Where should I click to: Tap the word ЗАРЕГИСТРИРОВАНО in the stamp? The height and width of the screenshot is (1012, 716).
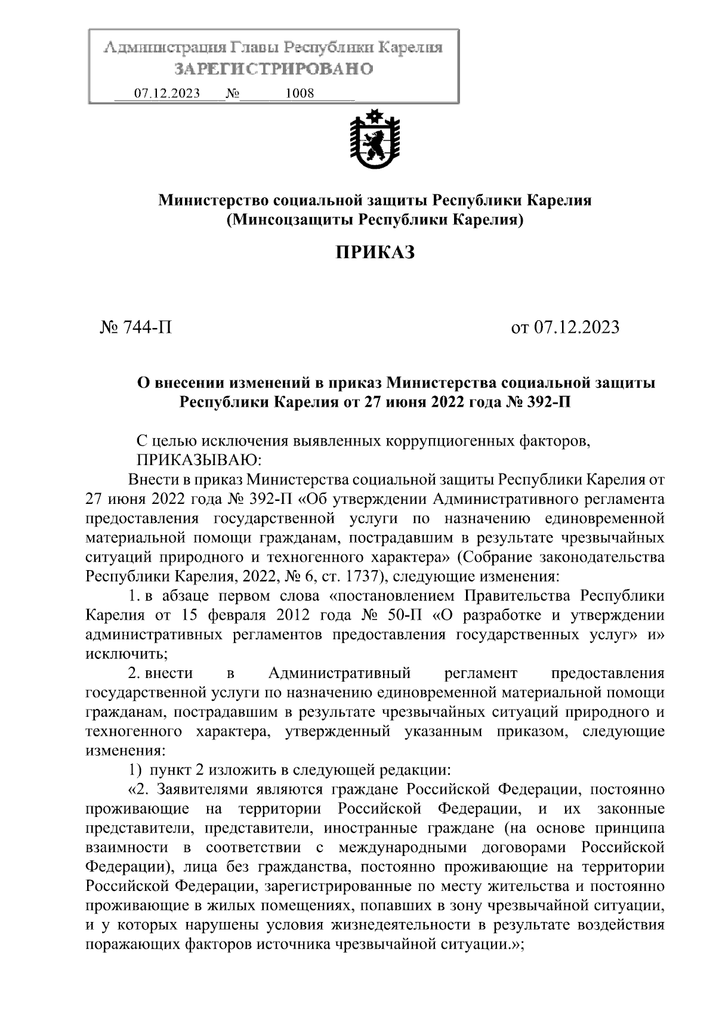[274, 69]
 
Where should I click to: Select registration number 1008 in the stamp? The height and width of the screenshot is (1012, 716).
[300, 94]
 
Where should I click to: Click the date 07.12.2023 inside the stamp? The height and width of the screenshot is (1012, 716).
[167, 94]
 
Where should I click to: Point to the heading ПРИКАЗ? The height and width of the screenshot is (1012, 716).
[375, 253]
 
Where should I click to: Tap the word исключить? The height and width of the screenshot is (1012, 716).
[126, 654]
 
